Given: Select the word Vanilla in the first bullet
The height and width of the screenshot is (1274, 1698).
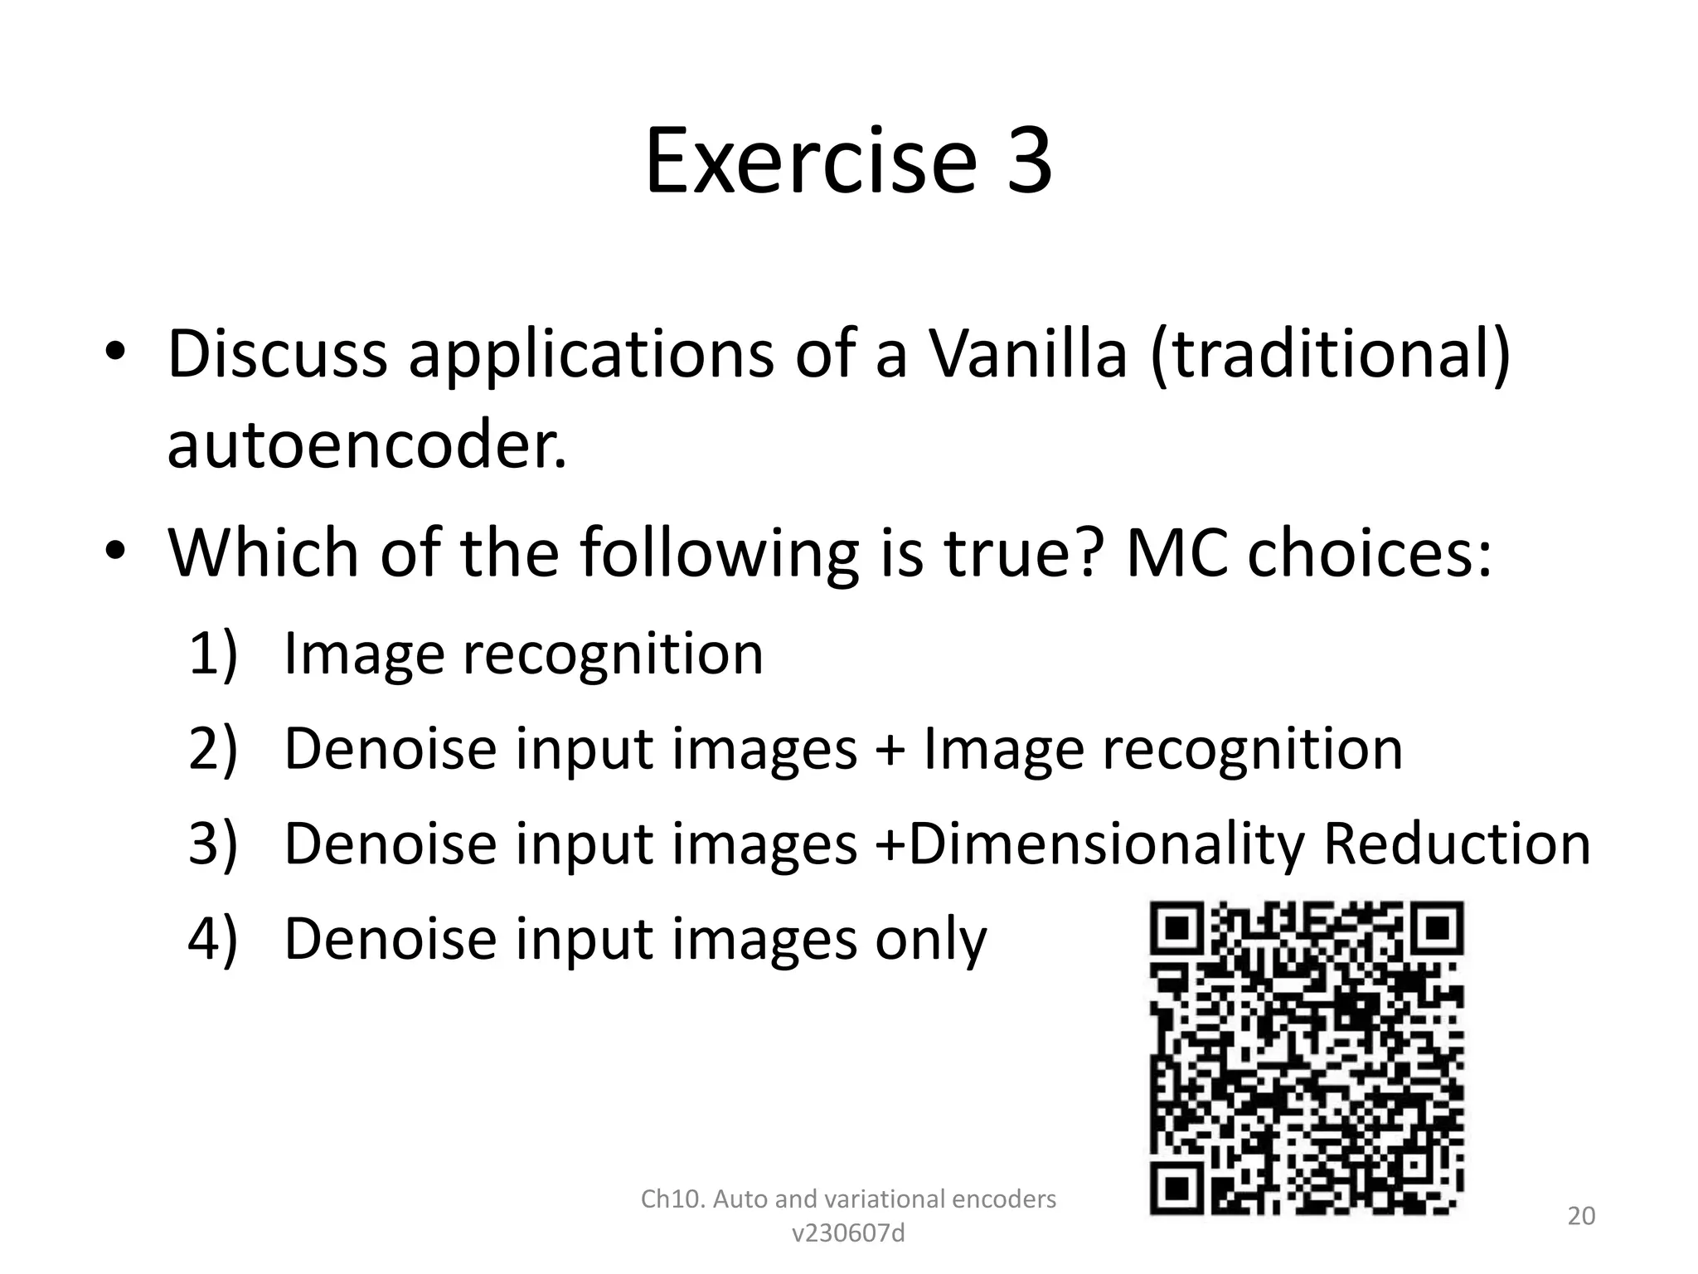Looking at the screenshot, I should (x=1027, y=355).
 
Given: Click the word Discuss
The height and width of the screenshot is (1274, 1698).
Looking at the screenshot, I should (x=277, y=355).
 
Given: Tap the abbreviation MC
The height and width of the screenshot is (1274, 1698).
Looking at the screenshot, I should (x=1176, y=553).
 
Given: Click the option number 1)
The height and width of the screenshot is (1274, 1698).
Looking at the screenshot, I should (x=213, y=654).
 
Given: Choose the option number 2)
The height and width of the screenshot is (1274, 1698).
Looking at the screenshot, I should (x=213, y=749).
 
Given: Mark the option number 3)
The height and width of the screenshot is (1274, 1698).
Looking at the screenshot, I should (x=213, y=844).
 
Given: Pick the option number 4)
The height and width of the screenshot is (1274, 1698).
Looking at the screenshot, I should (x=213, y=939).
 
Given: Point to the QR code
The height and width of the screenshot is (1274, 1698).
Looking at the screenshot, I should (x=1307, y=1058).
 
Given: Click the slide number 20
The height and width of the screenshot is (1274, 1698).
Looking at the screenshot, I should (x=1581, y=1216).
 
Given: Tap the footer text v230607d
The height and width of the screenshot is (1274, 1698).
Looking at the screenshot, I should (x=848, y=1234).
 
